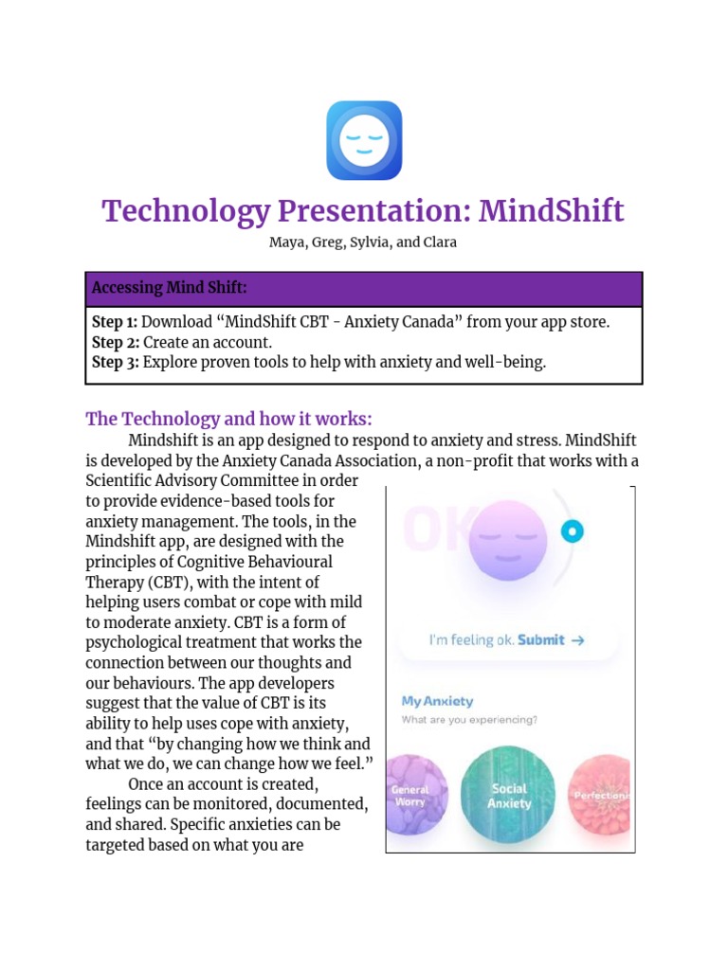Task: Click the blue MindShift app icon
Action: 364,140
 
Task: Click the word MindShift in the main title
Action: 551,210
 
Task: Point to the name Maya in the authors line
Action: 286,242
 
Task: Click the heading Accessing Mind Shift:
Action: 169,288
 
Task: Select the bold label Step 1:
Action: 114,322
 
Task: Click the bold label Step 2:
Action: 114,342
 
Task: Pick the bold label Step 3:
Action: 114,363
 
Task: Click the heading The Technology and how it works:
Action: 228,419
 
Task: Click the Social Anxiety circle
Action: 509,796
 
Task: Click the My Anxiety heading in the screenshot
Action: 437,701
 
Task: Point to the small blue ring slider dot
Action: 572,531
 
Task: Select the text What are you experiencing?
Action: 469,720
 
